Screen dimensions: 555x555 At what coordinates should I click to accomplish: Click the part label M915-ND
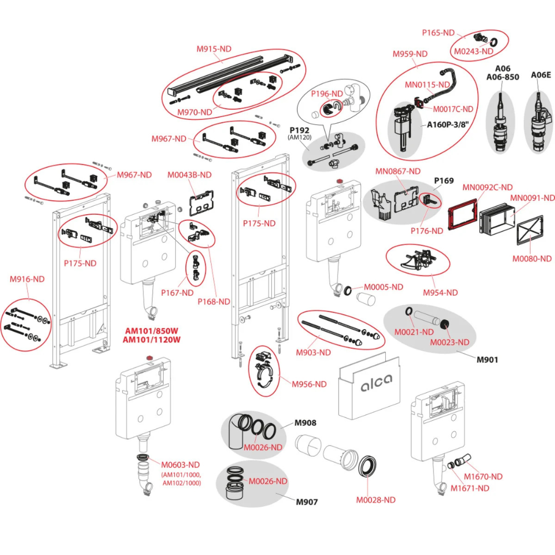click(214, 49)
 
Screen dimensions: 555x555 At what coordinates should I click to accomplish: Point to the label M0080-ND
click(532, 259)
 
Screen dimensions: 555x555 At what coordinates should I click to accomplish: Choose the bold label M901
click(488, 360)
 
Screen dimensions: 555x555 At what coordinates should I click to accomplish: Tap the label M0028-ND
click(376, 500)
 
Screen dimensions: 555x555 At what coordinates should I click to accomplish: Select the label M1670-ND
click(483, 476)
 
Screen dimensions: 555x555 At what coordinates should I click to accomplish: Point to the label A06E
click(541, 75)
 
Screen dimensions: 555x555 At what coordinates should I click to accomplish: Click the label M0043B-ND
click(189, 175)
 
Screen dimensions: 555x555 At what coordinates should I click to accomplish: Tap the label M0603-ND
click(180, 465)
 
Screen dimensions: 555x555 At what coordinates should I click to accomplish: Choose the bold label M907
click(306, 503)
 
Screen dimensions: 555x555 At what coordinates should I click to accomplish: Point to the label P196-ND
click(326, 94)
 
